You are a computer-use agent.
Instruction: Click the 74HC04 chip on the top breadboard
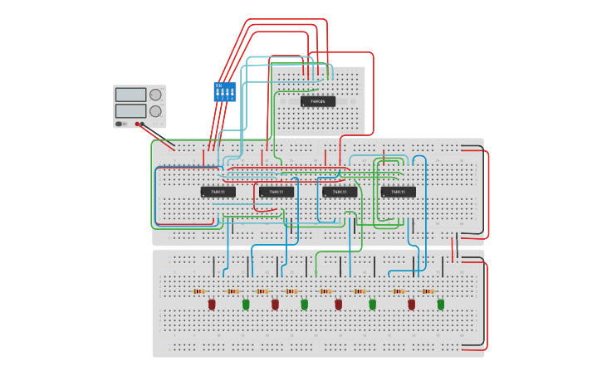click(318, 101)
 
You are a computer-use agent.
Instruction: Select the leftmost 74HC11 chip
click(218, 192)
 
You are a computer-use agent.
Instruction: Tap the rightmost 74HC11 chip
click(399, 192)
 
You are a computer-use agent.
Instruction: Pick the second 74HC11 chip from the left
click(277, 192)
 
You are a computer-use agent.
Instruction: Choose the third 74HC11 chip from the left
click(340, 192)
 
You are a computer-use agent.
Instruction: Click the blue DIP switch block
click(225, 91)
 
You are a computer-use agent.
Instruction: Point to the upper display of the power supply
click(130, 95)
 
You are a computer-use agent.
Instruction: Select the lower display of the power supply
click(130, 110)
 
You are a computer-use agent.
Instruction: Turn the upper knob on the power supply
click(155, 95)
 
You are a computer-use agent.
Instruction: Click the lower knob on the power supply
click(155, 111)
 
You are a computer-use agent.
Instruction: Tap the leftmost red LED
click(212, 305)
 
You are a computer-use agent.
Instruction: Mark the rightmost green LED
click(441, 305)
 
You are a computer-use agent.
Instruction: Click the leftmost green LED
click(246, 305)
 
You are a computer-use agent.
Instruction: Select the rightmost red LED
click(411, 305)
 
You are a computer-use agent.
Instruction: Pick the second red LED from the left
click(275, 305)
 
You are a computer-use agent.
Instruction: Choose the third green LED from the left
click(372, 305)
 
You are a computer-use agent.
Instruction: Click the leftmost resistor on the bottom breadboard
click(198, 291)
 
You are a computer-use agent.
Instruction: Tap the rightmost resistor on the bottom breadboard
click(428, 291)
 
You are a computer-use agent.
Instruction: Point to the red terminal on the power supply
click(137, 124)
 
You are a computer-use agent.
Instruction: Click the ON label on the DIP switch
click(219, 85)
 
